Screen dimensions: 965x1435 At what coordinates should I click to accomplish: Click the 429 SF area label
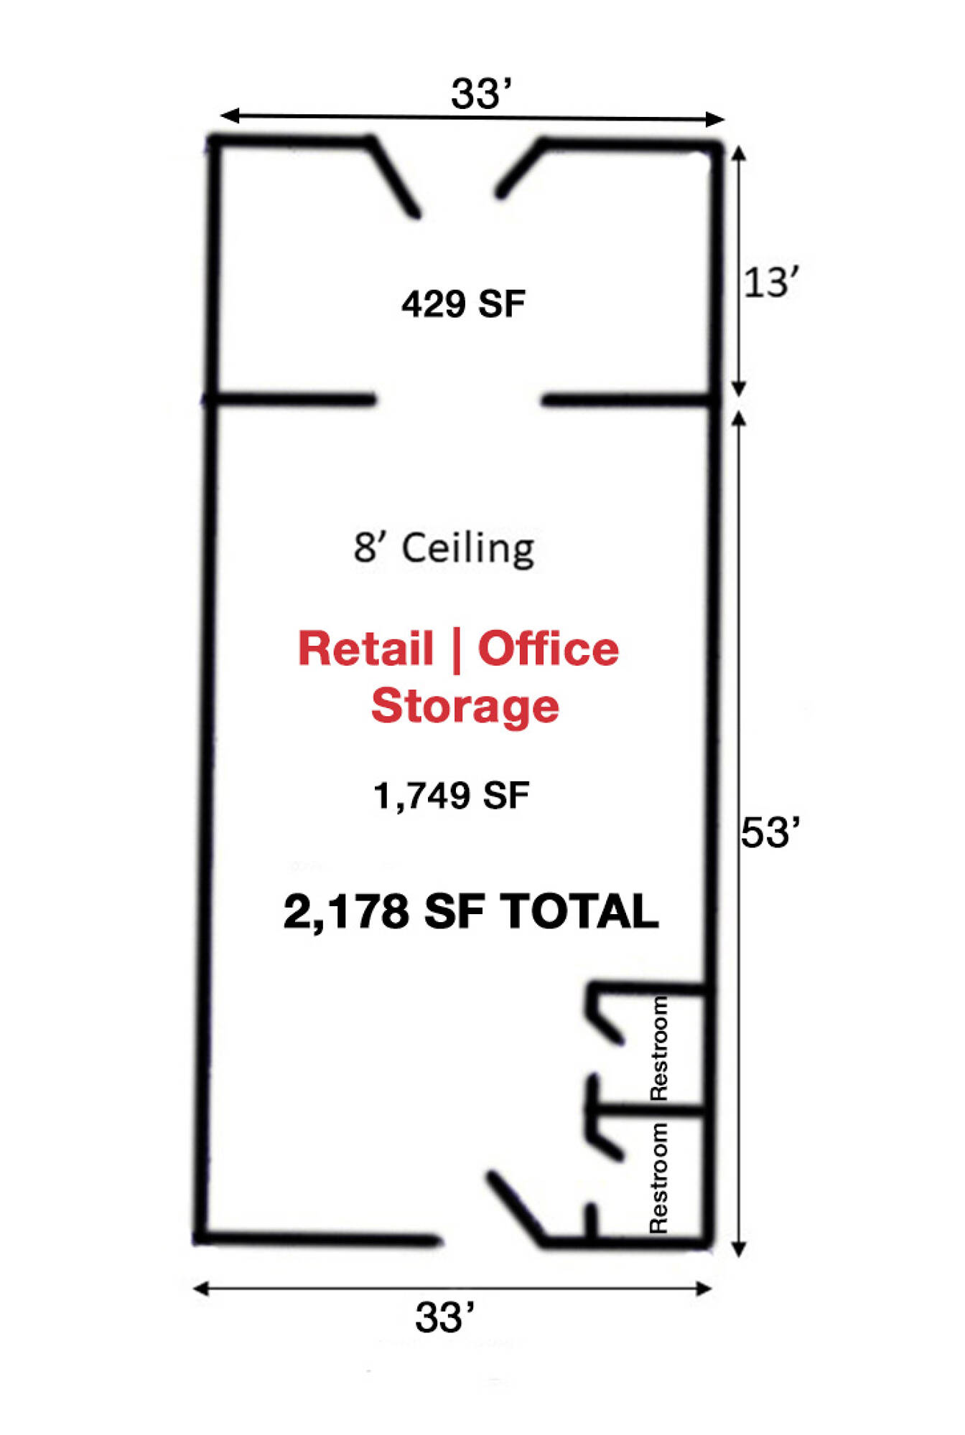click(x=463, y=304)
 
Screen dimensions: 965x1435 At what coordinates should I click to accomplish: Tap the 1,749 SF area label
click(x=452, y=796)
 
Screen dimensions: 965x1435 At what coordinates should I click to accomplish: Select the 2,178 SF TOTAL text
click(x=471, y=912)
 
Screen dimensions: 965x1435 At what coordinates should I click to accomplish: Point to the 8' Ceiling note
click(x=444, y=549)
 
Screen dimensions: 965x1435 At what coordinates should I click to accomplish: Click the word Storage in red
click(x=465, y=706)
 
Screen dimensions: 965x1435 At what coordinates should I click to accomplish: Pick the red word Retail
click(x=366, y=649)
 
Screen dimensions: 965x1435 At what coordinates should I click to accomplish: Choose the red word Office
click(x=549, y=649)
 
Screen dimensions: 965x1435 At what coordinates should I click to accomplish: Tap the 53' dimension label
click(x=770, y=833)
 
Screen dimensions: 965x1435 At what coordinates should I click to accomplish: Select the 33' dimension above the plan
click(x=481, y=94)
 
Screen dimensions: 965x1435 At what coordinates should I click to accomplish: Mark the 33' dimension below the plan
click(x=444, y=1317)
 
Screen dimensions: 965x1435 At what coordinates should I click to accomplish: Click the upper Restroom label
click(x=658, y=1048)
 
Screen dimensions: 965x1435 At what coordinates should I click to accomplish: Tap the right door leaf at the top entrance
click(x=520, y=169)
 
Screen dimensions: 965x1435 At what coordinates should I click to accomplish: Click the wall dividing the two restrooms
click(x=650, y=1113)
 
